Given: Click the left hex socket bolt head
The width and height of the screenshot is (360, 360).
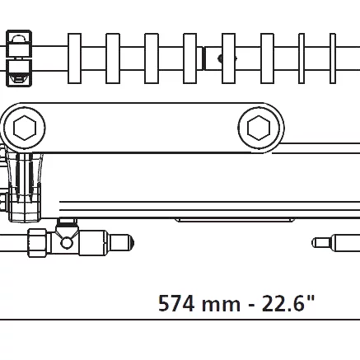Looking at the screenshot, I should tap(24, 128).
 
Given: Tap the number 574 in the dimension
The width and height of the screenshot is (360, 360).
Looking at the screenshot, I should tap(176, 303).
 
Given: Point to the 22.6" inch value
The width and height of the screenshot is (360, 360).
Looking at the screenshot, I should tap(288, 303).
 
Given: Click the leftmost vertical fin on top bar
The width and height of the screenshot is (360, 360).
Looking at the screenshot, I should tap(74, 58).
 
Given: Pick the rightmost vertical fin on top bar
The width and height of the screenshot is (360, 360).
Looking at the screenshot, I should tap(333, 58).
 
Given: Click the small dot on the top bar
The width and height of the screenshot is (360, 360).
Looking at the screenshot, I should tap(220, 58).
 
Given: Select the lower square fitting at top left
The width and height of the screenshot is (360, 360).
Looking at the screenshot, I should tap(18, 72).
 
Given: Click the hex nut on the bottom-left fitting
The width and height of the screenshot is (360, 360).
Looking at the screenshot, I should tap(37, 242).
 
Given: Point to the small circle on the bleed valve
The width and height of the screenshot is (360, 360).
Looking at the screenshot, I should tap(67, 242).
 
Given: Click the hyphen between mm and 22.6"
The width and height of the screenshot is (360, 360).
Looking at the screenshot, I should tap(250, 305).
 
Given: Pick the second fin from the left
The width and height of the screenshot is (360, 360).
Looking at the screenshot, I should tap(113, 58).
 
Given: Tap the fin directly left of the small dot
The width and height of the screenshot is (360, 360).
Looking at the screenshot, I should tap(190, 58).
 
